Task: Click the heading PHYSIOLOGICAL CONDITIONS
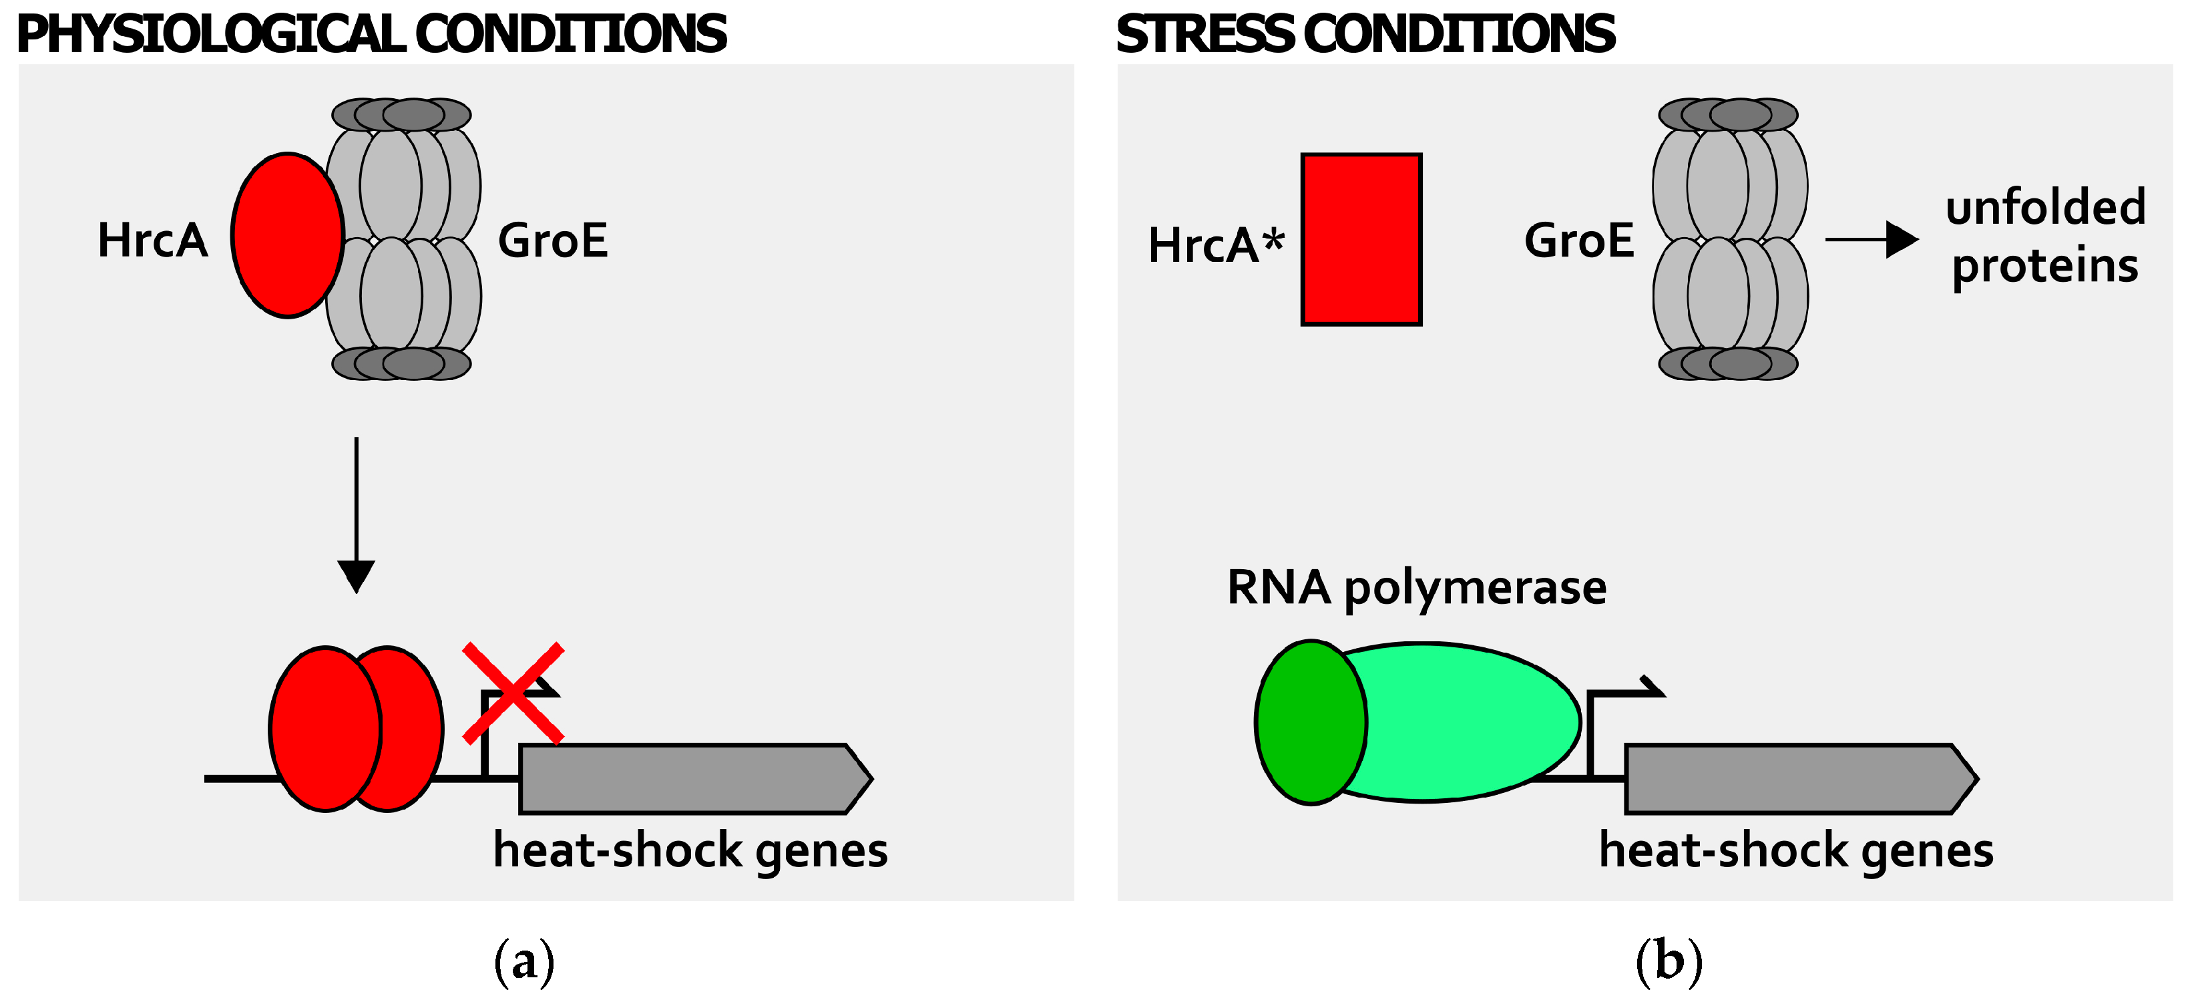pyautogui.click(x=371, y=34)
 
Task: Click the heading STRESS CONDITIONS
pyautogui.click(x=1365, y=34)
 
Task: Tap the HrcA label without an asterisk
pyautogui.click(x=153, y=240)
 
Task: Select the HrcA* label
pyautogui.click(x=1216, y=245)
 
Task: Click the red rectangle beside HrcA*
pyautogui.click(x=1361, y=239)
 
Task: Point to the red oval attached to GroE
pyautogui.click(x=287, y=236)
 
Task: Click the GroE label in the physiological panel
pyautogui.click(x=553, y=240)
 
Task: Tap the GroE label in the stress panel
pyautogui.click(x=1579, y=240)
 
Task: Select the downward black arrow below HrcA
pyautogui.click(x=357, y=514)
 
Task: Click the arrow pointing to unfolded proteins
pyautogui.click(x=1872, y=240)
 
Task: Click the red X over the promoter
pyautogui.click(x=513, y=693)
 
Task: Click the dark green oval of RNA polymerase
pyautogui.click(x=1311, y=722)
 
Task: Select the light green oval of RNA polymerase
pyautogui.click(x=1462, y=722)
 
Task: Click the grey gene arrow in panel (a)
pyautogui.click(x=696, y=779)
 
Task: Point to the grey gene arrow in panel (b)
pyautogui.click(x=1801, y=779)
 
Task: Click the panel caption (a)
pyautogui.click(x=525, y=961)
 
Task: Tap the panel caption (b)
pyautogui.click(x=1669, y=961)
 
